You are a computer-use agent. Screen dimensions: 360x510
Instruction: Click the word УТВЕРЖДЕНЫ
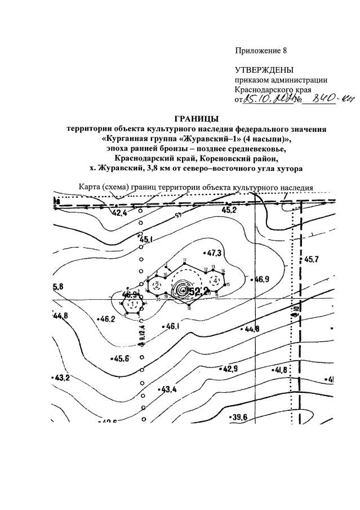pos(264,70)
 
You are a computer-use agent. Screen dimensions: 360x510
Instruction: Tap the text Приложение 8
pos(261,51)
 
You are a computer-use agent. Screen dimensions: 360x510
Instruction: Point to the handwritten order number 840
pos(322,100)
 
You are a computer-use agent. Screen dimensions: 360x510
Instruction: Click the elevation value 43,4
pos(168,389)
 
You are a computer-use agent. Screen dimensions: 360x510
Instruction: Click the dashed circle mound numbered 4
pos(215,280)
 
